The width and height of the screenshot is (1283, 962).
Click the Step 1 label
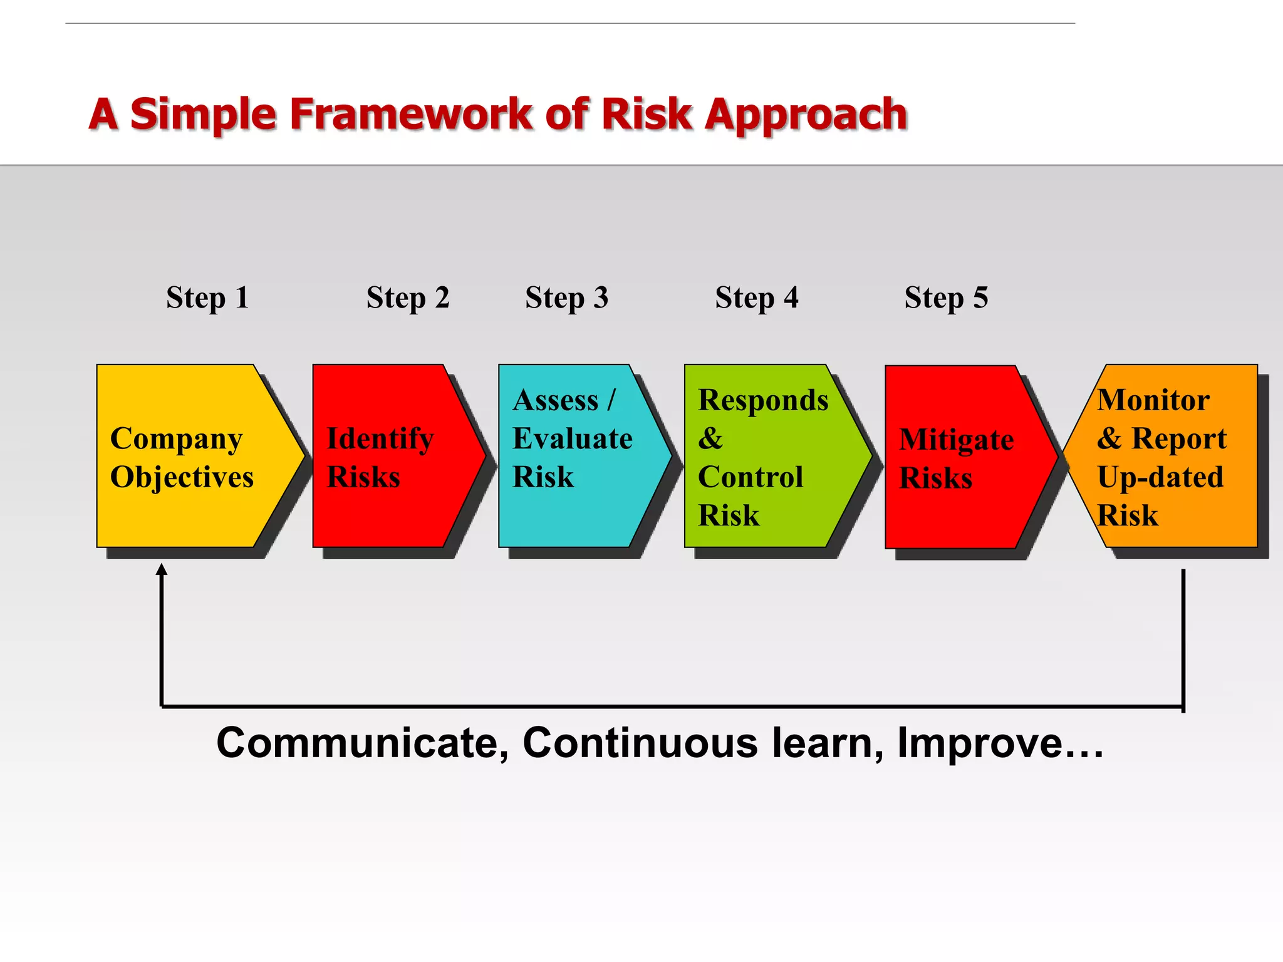tap(207, 297)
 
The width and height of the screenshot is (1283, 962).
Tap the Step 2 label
tap(408, 297)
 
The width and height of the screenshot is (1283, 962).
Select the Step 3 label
tap(566, 297)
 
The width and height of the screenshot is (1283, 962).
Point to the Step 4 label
tap(757, 297)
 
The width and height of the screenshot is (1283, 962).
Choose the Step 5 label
tap(946, 297)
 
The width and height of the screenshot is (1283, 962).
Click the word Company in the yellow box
tap(176, 440)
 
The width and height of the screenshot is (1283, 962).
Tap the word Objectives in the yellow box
tap(182, 477)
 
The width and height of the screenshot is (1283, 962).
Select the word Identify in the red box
tap(380, 438)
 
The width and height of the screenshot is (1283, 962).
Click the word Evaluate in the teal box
tap(572, 438)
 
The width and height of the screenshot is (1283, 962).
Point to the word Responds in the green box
tap(763, 401)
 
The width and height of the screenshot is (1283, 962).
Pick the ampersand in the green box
tap(710, 438)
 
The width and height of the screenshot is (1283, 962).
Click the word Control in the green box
tap(751, 477)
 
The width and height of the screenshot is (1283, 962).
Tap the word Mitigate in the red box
tap(956, 440)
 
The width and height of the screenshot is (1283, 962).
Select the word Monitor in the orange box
tap(1153, 400)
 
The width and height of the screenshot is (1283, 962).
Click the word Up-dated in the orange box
tap(1160, 477)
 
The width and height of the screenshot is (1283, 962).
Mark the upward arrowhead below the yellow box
tap(162, 569)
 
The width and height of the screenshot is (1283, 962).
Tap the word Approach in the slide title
tap(806, 115)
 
